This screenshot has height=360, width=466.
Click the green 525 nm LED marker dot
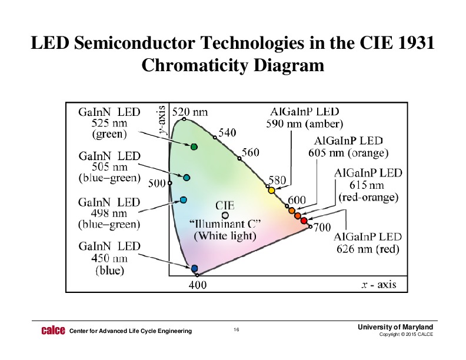(194, 146)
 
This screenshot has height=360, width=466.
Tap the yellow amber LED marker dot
(271, 190)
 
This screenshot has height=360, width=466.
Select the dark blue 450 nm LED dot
(195, 268)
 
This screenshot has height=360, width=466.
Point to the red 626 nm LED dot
(304, 221)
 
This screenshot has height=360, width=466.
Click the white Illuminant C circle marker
(225, 215)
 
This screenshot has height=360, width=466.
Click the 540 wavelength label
(228, 133)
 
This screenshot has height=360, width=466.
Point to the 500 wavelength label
(157, 183)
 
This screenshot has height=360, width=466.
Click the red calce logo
(53, 331)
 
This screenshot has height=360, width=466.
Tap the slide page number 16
(236, 330)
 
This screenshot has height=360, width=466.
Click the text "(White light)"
(225, 236)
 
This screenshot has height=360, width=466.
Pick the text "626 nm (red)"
(368, 249)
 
